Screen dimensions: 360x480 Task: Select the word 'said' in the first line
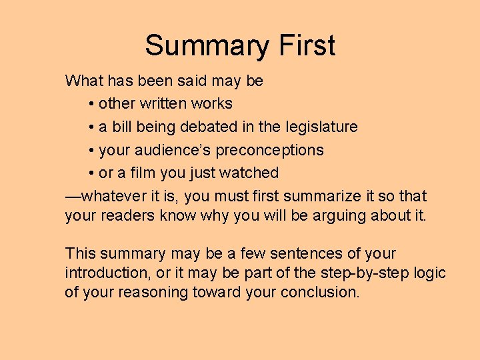(192, 81)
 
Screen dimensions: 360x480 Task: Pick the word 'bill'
(123, 127)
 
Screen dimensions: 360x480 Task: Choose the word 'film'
(139, 173)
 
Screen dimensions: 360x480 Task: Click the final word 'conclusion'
(320, 292)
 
